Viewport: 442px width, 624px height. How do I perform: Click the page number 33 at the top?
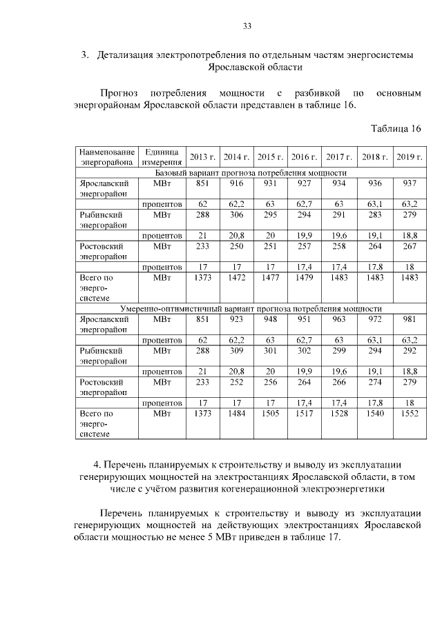click(x=247, y=26)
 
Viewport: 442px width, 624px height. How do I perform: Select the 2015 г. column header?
click(x=270, y=157)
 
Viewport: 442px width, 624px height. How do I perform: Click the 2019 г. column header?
click(x=410, y=157)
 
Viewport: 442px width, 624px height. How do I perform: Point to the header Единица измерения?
click(x=162, y=157)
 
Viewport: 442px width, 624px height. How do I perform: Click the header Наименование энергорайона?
click(x=106, y=157)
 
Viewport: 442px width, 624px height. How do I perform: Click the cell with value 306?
click(x=236, y=214)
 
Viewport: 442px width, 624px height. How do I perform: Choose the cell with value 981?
click(x=410, y=319)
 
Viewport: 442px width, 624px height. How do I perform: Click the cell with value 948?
click(x=270, y=319)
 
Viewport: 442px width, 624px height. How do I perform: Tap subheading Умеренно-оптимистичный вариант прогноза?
click(x=251, y=308)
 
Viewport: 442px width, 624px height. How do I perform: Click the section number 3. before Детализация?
click(x=86, y=54)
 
